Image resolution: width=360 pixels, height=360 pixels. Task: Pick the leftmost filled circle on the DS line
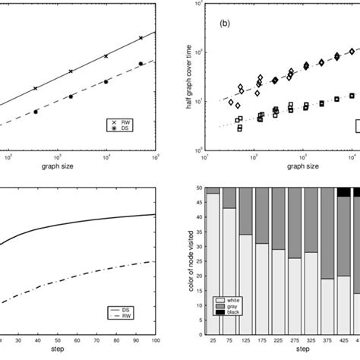pyautogui.click(x=36, y=112)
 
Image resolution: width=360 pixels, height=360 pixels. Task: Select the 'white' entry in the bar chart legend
pyautogui.click(x=232, y=301)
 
